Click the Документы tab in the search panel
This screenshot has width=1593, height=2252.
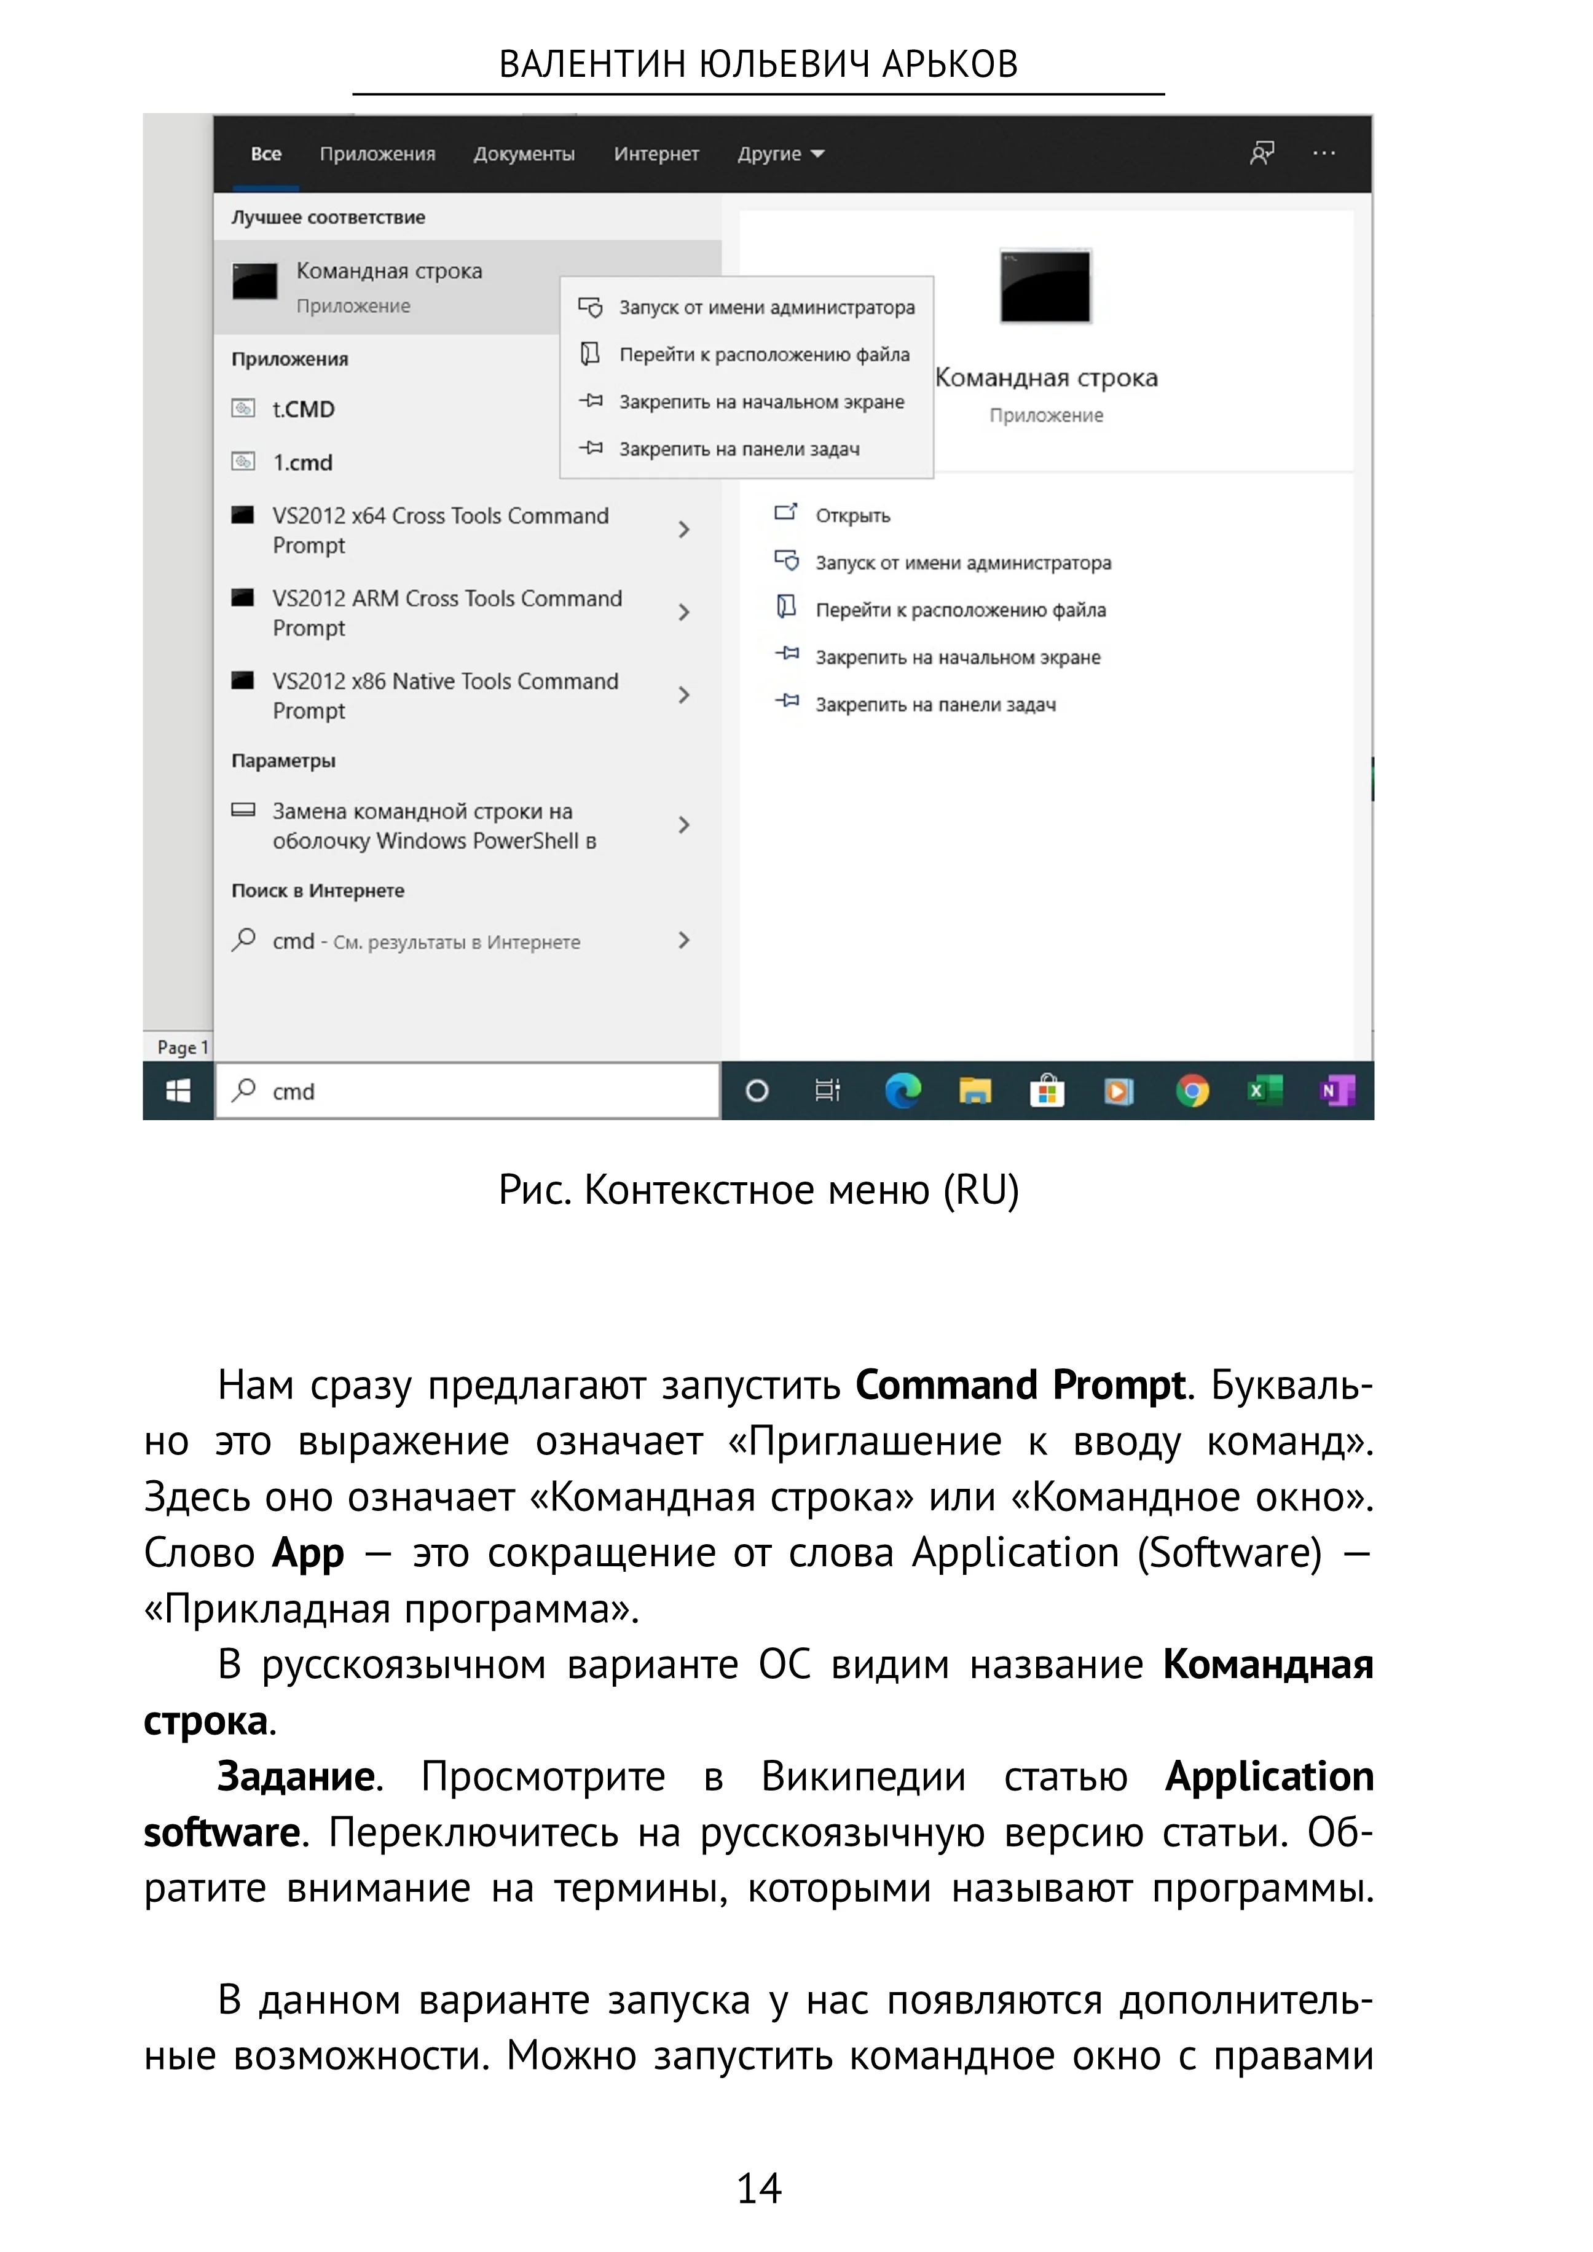(524, 154)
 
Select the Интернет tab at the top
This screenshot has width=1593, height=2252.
(656, 154)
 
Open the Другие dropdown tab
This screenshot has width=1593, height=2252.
(780, 154)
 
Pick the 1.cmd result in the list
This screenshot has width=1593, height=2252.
(302, 462)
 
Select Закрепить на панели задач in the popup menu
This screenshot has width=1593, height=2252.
(739, 449)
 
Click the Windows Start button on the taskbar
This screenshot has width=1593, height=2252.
(178, 1091)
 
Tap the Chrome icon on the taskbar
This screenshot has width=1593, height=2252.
(1192, 1091)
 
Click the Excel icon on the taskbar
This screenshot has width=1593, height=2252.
(1264, 1091)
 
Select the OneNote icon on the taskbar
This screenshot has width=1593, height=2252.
(1336, 1091)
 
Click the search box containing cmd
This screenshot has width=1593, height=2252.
(468, 1091)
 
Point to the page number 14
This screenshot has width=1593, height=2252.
(758, 2188)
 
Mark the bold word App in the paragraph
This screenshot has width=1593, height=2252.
(308, 1553)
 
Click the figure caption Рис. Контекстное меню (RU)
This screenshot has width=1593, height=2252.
(758, 1190)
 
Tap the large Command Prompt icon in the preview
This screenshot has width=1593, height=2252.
(1045, 286)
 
